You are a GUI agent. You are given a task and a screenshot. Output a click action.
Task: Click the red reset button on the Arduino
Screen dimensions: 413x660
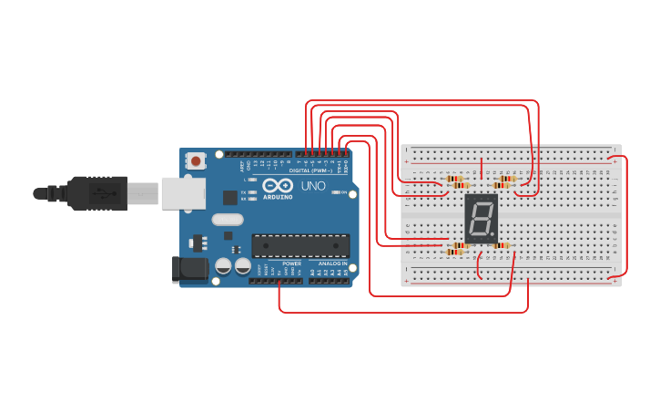196,161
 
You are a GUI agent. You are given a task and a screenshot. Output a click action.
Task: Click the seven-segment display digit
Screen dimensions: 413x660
481,218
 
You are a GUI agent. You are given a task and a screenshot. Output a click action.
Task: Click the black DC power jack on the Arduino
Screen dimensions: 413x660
188,269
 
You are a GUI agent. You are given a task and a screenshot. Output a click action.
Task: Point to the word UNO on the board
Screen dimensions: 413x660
313,186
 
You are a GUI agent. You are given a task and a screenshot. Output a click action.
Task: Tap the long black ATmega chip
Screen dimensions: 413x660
300,246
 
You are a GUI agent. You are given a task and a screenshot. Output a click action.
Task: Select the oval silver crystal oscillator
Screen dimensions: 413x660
228,219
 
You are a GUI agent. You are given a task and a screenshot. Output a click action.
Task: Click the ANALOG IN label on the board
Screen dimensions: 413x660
332,263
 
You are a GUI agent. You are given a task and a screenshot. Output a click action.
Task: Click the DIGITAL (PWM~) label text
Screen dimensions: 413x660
310,170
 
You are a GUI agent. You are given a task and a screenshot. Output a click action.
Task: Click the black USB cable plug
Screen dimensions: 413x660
91,193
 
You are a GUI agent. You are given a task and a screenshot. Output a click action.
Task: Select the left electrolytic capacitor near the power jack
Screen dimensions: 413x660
223,266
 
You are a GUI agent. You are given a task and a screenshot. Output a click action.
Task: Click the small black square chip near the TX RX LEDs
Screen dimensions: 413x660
230,196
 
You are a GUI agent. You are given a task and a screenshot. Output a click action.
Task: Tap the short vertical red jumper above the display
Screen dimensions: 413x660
481,169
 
